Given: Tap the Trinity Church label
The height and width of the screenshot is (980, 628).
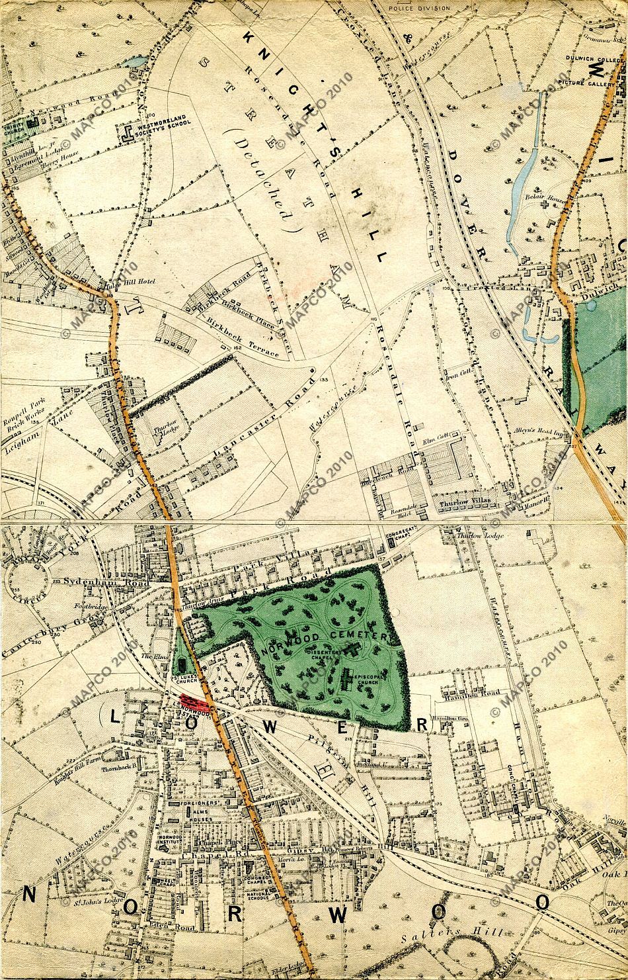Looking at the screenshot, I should click(13, 128).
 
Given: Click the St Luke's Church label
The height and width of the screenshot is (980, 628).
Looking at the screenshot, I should click(184, 682).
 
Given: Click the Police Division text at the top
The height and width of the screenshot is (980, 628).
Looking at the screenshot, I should click(419, 7).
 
